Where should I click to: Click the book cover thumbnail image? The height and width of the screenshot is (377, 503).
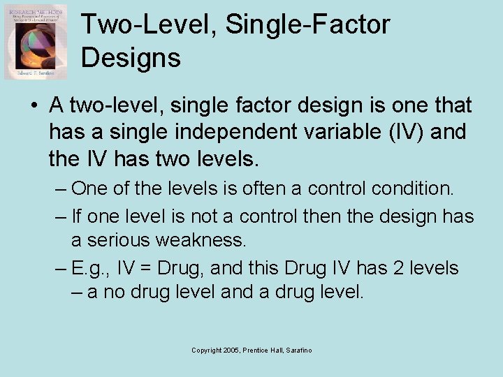pyautogui.click(x=36, y=41)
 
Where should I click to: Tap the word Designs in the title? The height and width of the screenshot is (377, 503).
pyautogui.click(x=131, y=58)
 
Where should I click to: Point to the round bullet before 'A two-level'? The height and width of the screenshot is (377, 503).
pyautogui.click(x=34, y=107)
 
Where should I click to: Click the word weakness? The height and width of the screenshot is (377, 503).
pyautogui.click(x=207, y=241)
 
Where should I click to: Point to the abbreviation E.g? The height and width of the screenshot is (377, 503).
pyautogui.click(x=90, y=268)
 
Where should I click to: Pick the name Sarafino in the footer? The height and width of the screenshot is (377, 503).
pyautogui.click(x=299, y=350)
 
